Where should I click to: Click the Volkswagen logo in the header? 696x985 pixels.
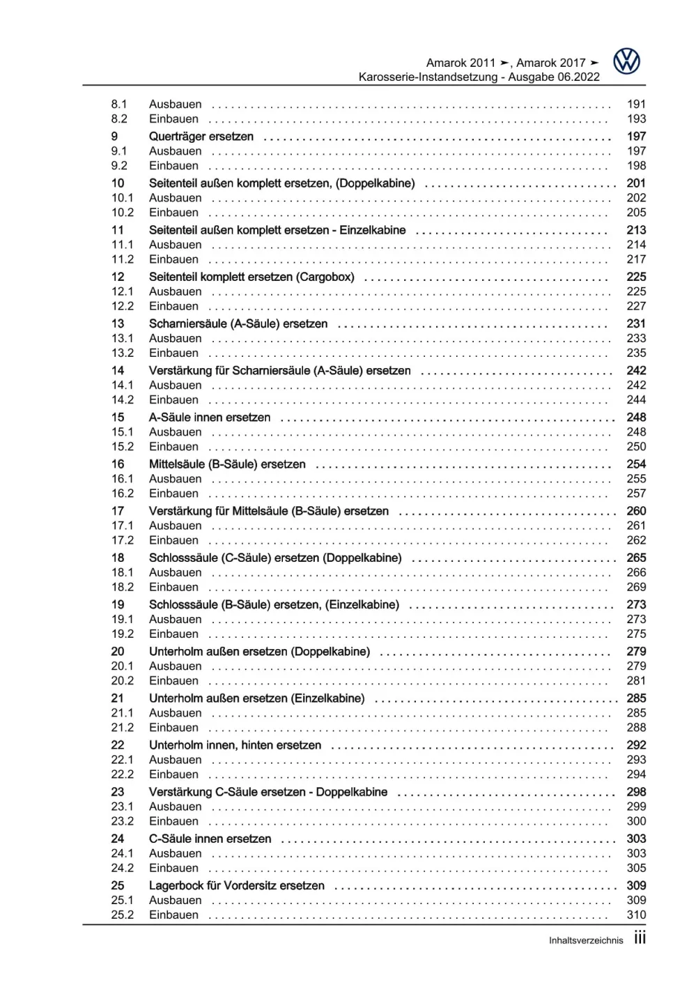coord(626,61)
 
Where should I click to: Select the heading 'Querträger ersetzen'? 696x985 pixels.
coord(201,137)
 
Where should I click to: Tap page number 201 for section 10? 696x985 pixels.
coord(636,183)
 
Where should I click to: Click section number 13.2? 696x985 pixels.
coord(123,353)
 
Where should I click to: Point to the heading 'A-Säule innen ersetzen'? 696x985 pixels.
coord(210,418)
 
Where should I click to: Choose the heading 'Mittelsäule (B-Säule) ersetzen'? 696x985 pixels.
coord(227,464)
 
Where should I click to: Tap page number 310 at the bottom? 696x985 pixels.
coord(636,915)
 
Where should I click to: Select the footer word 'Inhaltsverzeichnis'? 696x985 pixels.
coord(586,940)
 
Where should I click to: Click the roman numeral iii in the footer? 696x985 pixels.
coord(640,938)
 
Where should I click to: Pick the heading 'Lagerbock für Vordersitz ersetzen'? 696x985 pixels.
coord(237,885)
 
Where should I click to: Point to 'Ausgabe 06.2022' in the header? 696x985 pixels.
coord(553,77)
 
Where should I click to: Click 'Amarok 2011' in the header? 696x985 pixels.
coord(461,63)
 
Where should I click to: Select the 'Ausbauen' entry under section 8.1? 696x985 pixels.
coord(176,104)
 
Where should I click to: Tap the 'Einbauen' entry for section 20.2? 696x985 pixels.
coord(173,680)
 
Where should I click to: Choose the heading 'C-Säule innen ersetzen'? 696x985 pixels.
coord(210,839)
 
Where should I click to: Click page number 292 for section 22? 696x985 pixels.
coord(636,745)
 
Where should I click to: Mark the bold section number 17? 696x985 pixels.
coord(118,511)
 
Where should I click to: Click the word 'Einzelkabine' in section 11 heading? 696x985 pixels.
coord(372,230)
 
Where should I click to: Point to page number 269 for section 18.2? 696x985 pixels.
coord(636,587)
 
